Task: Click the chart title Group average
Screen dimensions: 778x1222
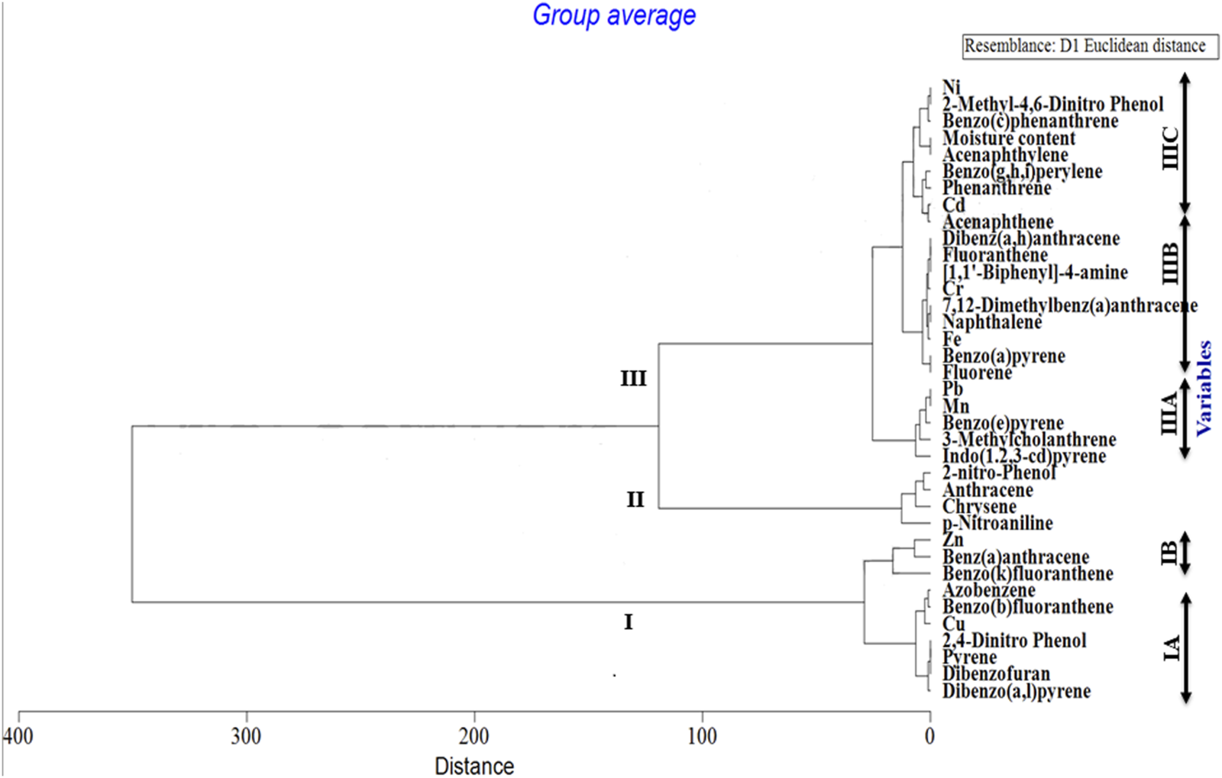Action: point(613,15)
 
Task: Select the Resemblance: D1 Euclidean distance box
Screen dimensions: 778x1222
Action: point(1090,47)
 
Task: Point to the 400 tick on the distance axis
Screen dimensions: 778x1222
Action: point(18,736)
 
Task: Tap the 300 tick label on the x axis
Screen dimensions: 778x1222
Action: point(246,736)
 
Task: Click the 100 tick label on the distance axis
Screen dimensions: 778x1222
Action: point(702,736)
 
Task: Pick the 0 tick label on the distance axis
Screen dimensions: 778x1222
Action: point(929,736)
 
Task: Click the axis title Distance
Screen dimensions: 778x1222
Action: point(474,766)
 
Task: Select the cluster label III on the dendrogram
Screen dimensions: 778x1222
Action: point(633,379)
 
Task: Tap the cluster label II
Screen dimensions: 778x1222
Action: point(635,500)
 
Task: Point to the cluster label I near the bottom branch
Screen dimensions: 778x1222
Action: point(628,622)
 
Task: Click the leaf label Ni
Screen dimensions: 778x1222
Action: point(951,87)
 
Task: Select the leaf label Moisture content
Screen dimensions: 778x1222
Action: point(1008,138)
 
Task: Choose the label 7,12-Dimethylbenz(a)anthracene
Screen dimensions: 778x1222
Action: point(1069,305)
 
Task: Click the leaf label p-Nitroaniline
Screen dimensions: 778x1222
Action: point(997,523)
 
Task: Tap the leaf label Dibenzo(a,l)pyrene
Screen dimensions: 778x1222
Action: point(1016,691)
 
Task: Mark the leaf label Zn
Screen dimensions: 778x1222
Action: point(952,540)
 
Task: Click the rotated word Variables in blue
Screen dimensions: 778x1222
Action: point(1204,388)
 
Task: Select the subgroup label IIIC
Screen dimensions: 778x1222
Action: point(1169,149)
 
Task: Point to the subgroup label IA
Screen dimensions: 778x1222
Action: point(1170,647)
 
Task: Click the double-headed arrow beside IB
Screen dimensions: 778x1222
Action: point(1185,554)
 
